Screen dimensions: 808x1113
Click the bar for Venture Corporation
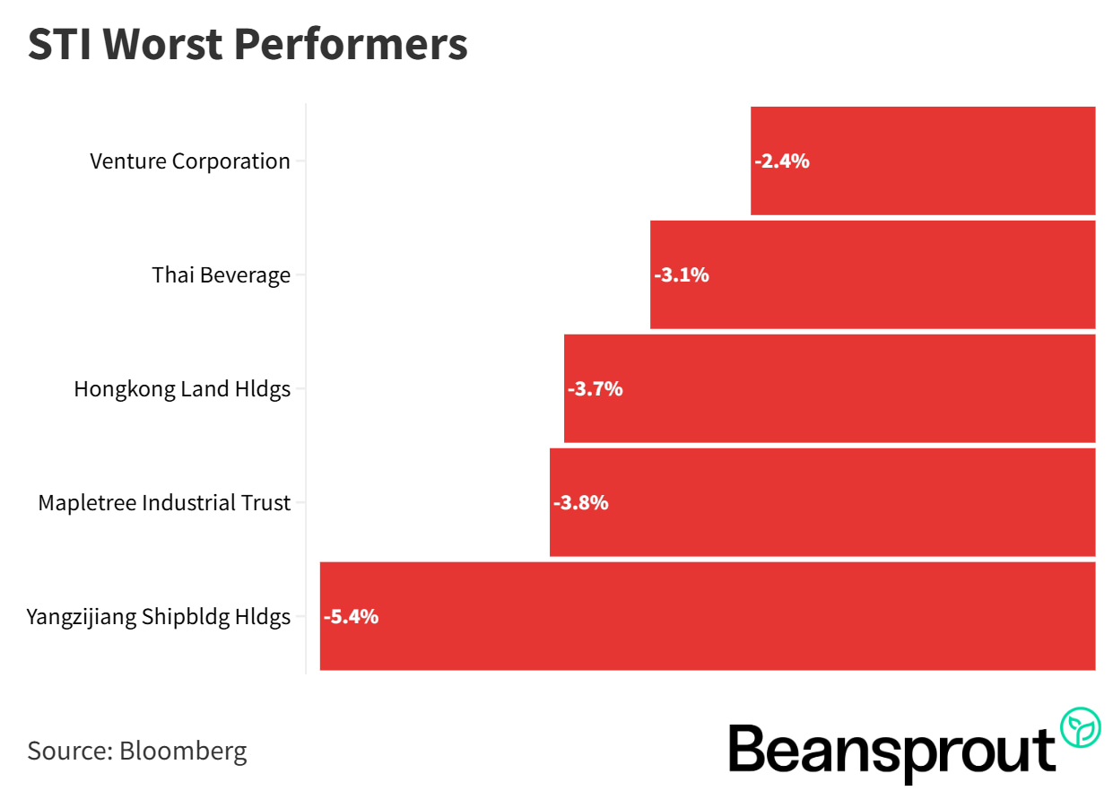(924, 161)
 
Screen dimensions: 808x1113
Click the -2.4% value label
(782, 161)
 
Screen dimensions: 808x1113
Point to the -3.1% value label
(682, 274)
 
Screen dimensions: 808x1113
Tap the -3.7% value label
(596, 388)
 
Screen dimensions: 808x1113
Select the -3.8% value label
(581, 502)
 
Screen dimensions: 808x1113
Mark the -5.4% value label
(352, 616)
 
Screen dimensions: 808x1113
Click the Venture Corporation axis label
(190, 161)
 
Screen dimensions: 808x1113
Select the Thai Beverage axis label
(222, 274)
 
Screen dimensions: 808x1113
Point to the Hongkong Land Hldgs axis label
(182, 388)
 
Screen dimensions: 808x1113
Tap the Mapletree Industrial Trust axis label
(164, 502)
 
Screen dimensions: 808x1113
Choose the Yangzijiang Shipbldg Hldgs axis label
(159, 616)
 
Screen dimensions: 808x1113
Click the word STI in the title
(59, 45)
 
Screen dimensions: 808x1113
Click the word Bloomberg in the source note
(183, 750)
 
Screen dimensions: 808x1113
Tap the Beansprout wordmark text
(891, 750)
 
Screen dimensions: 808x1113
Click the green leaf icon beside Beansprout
(1081, 727)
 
